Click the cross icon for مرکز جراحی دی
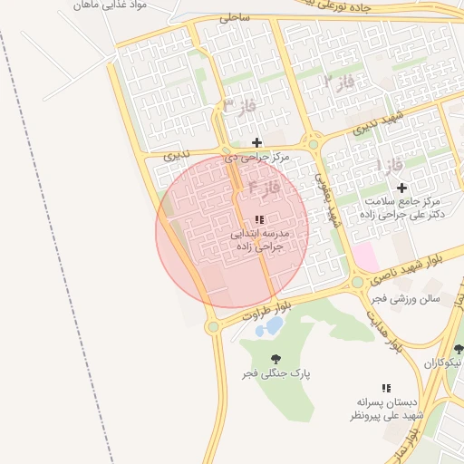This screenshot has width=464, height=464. [x=256, y=142]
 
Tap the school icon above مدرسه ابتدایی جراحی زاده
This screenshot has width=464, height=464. [x=259, y=219]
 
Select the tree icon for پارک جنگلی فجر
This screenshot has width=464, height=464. [x=275, y=359]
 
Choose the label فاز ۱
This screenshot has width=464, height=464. [x=388, y=165]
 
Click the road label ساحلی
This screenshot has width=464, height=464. [x=233, y=17]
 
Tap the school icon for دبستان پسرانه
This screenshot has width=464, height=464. [x=386, y=387]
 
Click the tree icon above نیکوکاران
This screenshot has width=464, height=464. [x=458, y=349]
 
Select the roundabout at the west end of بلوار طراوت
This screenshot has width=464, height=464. [x=213, y=326]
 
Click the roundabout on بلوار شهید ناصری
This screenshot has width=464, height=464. [x=358, y=282]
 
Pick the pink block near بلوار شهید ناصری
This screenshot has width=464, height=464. [x=364, y=256]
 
